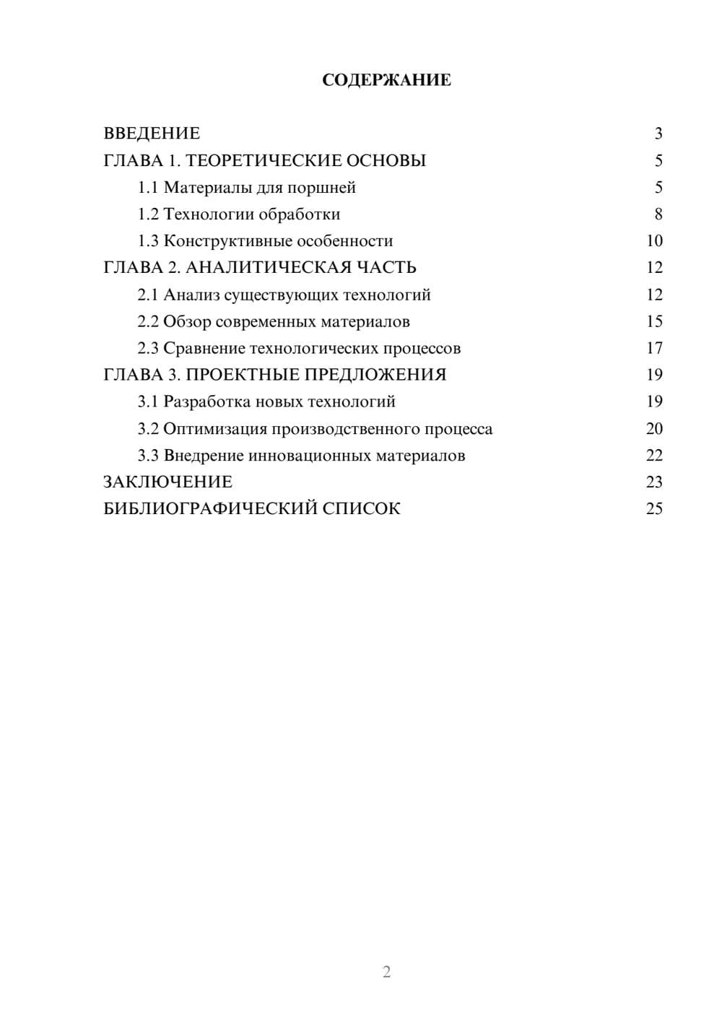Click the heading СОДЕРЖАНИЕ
386,80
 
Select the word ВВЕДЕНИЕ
152,134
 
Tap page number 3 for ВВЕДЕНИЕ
658,134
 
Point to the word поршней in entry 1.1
321,188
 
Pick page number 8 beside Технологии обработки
658,214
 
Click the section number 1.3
148,241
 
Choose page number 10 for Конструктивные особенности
654,241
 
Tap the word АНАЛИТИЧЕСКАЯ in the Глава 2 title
268,268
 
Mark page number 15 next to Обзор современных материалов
654,321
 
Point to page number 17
654,348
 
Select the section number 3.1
148,401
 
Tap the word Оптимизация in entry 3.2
215,429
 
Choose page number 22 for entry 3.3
654,456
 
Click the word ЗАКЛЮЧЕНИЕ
168,482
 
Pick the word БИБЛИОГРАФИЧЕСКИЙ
211,509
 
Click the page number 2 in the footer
386,972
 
